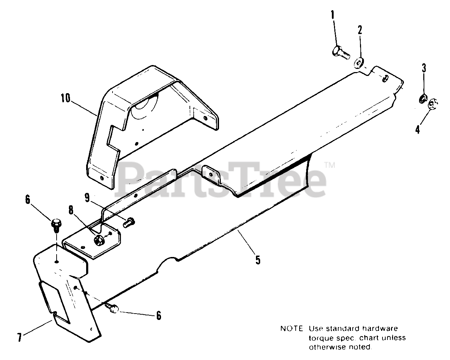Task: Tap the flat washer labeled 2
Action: (x=359, y=63)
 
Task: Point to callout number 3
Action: (x=424, y=67)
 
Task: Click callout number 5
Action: (x=258, y=260)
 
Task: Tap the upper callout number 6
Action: (x=28, y=200)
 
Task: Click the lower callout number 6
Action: (x=159, y=315)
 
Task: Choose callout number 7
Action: (x=20, y=338)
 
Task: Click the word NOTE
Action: (x=291, y=329)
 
